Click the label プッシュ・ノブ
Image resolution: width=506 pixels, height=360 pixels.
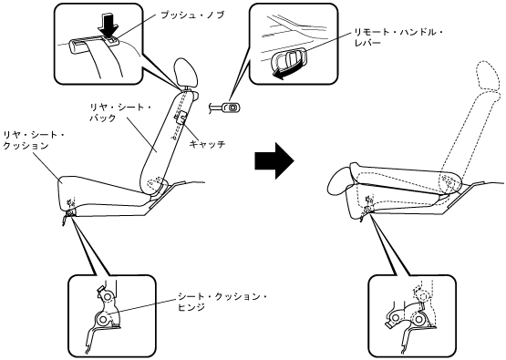click(192, 15)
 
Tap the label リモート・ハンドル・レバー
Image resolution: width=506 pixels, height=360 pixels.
click(398, 37)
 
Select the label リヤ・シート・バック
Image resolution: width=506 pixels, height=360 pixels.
click(120, 112)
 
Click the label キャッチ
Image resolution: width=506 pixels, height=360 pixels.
click(207, 144)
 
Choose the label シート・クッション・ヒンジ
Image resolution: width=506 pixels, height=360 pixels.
click(222, 302)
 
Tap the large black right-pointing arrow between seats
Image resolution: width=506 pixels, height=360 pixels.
click(274, 160)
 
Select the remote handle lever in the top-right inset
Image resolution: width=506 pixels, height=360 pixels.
click(289, 60)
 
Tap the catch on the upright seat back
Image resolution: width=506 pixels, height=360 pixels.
click(181, 118)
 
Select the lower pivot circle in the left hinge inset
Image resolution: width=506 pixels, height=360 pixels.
click(103, 319)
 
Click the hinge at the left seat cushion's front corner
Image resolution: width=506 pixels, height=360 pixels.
click(70, 212)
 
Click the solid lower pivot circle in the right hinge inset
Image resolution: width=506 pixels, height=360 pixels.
click(418, 320)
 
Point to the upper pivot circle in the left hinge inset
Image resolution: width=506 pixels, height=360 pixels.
click(108, 296)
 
